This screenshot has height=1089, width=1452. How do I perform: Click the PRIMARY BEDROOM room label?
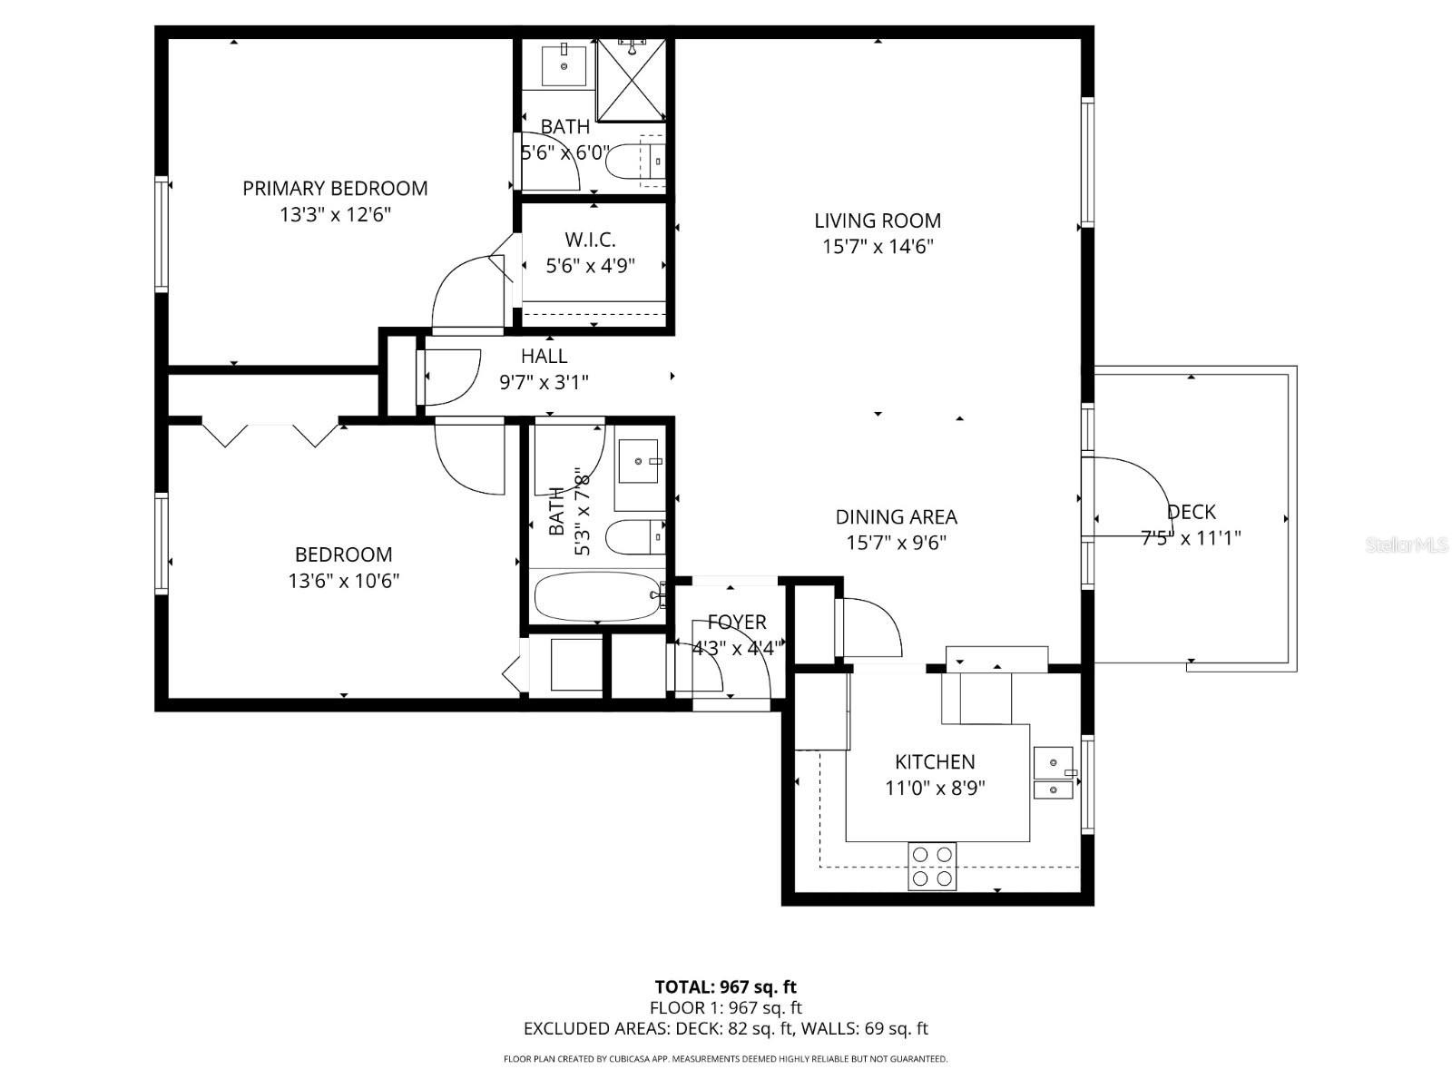335,189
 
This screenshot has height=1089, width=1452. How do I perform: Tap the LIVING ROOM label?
878,221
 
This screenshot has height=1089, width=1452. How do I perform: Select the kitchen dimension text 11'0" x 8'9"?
935,788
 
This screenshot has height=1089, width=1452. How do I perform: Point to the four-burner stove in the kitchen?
932,866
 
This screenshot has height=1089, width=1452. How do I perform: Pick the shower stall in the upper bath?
632,80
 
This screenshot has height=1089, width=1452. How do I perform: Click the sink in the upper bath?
564,64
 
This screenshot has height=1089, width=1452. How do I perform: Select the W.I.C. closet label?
590,239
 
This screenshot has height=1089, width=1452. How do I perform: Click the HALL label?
544,357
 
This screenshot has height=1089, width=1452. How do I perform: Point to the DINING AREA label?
896,516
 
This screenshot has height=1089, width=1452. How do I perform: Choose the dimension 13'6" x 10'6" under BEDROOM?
343,581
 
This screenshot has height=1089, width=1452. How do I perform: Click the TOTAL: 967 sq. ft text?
726,987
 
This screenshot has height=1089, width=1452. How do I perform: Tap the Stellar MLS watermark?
1407,544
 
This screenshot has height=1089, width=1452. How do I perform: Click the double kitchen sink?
1054,772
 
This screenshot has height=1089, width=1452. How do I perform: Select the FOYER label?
737,623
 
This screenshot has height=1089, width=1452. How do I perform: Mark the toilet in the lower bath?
636,537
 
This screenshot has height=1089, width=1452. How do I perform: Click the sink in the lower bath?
638,462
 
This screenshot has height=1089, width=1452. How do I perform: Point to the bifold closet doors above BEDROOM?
270,433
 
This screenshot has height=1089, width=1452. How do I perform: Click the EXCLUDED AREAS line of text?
726,1028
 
